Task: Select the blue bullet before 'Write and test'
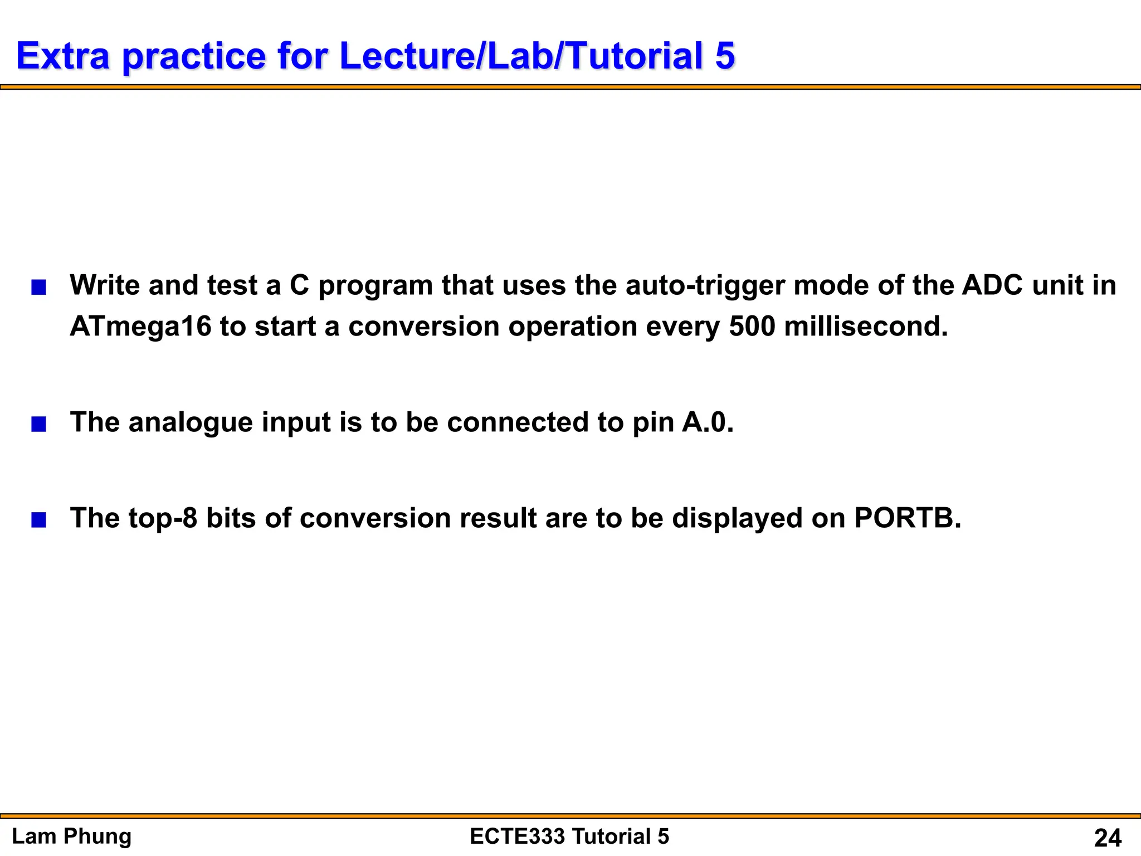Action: tap(38, 288)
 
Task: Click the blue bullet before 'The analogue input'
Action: tap(38, 425)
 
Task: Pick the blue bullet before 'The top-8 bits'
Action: tap(38, 521)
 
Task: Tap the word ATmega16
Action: tap(140, 327)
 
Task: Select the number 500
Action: tap(752, 327)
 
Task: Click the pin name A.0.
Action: tap(708, 422)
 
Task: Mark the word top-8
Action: tap(163, 518)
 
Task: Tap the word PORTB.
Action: tap(907, 518)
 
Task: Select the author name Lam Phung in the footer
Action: tap(72, 836)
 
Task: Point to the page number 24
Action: tap(1108, 838)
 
